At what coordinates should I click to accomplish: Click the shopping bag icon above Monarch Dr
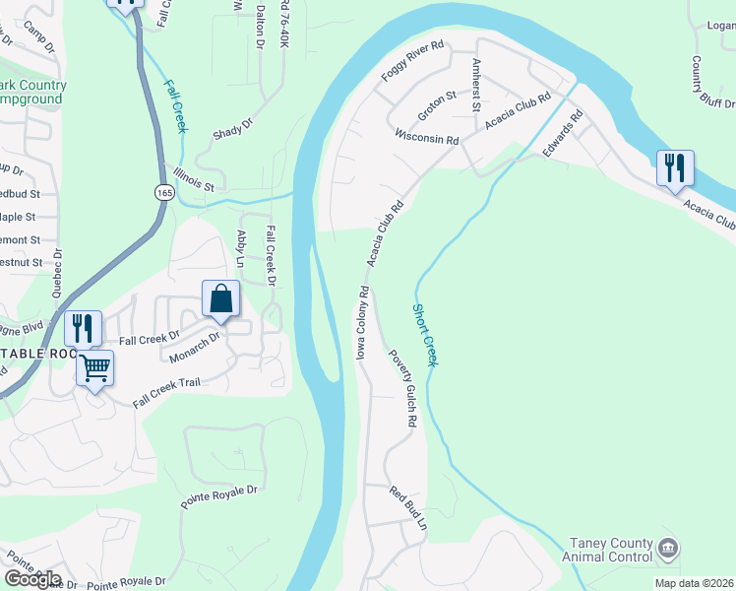(x=221, y=298)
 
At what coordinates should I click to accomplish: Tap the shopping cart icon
(x=95, y=368)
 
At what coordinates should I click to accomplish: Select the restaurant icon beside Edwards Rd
(x=675, y=167)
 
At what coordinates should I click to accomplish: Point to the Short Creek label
(x=423, y=335)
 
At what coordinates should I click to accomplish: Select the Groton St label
(x=437, y=106)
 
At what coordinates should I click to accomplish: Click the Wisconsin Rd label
(x=427, y=139)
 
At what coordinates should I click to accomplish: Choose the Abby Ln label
(x=241, y=249)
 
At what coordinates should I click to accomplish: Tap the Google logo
(x=32, y=579)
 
